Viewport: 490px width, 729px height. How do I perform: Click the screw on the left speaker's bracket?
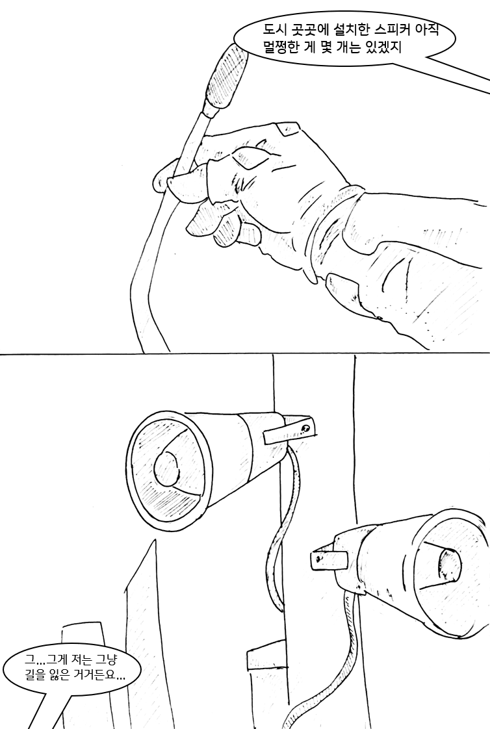coord(305,428)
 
